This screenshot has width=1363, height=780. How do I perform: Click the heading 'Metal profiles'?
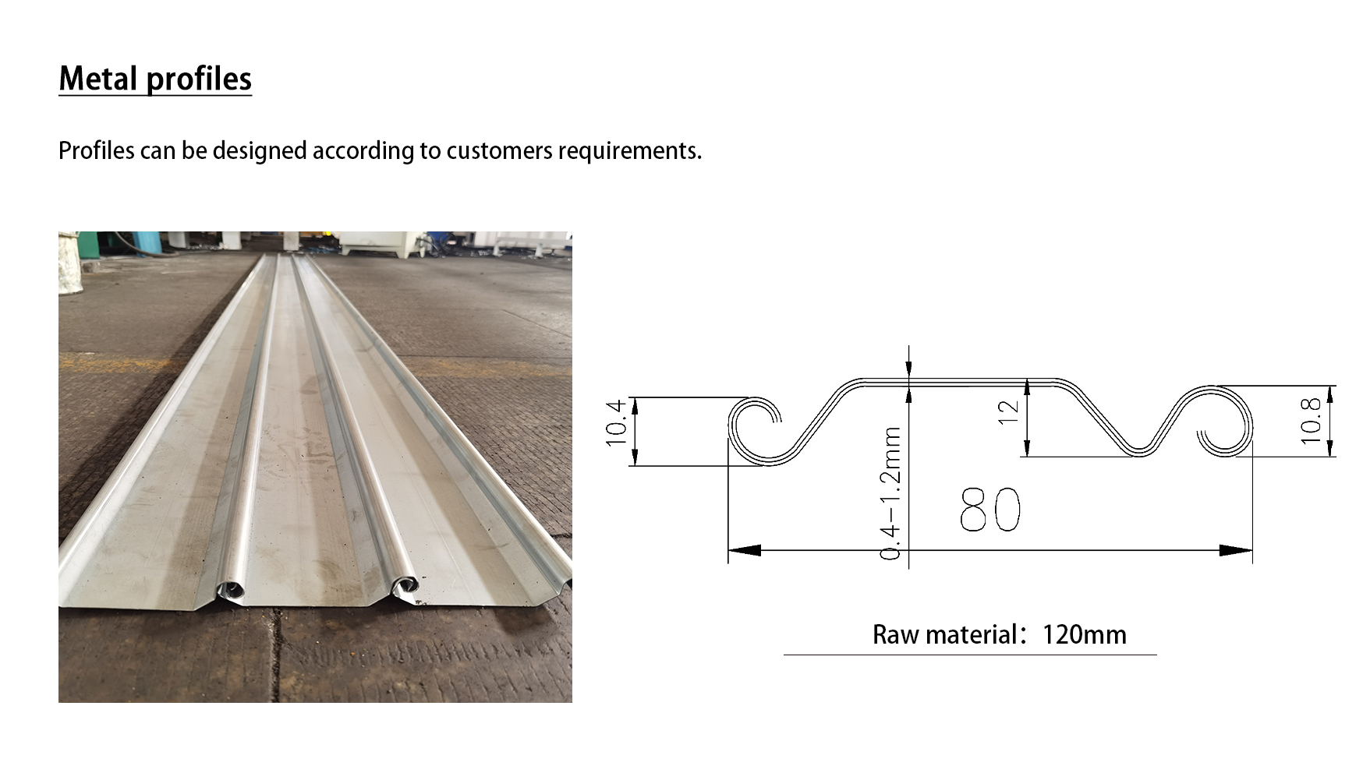click(x=155, y=79)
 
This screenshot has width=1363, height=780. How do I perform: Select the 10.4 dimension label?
click(x=616, y=422)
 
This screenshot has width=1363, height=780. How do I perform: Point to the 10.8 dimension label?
click(x=1311, y=421)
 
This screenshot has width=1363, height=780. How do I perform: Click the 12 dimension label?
click(x=1008, y=411)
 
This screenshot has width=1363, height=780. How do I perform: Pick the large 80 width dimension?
click(x=990, y=510)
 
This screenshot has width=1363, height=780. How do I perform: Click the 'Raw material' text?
click(x=944, y=634)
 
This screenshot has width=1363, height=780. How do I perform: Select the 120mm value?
click(x=1085, y=634)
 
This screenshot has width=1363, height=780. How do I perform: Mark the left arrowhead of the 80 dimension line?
click(x=744, y=550)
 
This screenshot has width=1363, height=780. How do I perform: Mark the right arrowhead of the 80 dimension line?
click(x=1237, y=550)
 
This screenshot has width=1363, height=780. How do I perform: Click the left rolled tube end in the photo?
click(x=231, y=591)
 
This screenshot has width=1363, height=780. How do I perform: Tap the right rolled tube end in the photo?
click(x=405, y=587)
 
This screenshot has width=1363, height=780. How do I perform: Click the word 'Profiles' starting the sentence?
click(x=97, y=150)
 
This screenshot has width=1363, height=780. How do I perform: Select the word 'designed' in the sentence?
click(x=260, y=151)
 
